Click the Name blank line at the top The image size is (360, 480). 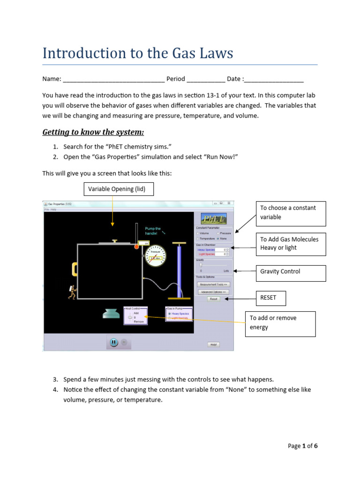coord(113,79)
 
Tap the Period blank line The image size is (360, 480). coord(206,79)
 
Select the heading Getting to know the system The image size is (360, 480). coord(93,132)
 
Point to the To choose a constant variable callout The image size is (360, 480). coord(290,212)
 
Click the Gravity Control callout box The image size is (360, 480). coord(290,271)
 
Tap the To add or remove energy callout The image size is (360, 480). coord(280,322)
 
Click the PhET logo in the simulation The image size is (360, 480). coord(214,218)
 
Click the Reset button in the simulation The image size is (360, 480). coord(214,299)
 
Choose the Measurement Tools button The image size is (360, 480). coord(214,284)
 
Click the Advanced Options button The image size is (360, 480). coord(214,292)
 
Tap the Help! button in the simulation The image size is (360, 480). coord(214,344)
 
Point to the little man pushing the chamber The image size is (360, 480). coord(72,292)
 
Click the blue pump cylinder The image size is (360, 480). coord(179,272)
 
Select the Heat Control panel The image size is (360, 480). coord(135,315)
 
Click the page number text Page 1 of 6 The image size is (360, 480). coord(302,446)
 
